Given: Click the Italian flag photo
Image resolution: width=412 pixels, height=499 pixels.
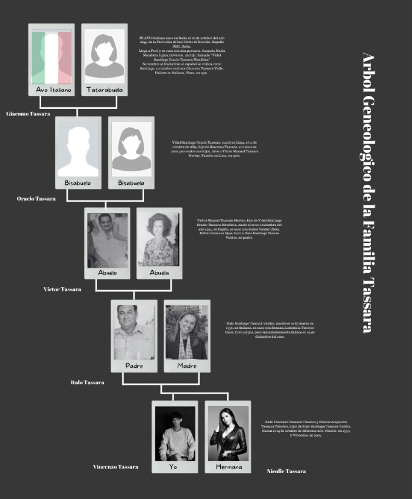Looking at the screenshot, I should tap(51, 56).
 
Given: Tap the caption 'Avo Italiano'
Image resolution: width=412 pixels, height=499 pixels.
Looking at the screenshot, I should tap(53, 90).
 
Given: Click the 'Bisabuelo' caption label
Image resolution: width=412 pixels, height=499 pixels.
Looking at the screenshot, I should tap(78, 183).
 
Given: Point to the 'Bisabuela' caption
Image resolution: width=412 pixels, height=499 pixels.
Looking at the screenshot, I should tap(131, 183).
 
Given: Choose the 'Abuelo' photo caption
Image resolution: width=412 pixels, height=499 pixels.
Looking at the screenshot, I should tap(107, 273).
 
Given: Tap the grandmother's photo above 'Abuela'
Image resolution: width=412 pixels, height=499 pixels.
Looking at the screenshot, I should tap(159, 239).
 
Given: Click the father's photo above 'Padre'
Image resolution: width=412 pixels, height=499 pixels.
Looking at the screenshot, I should tap(134, 332).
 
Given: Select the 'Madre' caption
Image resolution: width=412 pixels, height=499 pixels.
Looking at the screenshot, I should tap(187, 366).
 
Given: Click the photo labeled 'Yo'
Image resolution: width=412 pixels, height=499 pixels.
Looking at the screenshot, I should tap(175, 433).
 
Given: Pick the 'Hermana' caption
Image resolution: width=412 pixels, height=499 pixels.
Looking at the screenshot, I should tap(228, 467).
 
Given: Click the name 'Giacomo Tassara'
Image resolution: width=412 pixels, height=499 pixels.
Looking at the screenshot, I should tap(28, 114).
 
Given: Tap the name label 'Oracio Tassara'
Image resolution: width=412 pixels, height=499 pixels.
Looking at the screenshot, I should tap(36, 199).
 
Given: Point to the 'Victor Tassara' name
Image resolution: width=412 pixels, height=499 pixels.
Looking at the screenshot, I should tap(62, 290).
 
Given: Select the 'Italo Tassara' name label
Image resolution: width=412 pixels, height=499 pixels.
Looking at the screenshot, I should tap(88, 382).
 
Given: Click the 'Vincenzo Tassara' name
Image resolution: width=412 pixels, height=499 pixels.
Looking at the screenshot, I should tap(115, 467).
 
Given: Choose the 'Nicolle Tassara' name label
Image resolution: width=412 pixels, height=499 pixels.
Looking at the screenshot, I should tap(286, 471).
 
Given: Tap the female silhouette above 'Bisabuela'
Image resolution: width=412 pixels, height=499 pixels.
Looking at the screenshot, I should tap(131, 148).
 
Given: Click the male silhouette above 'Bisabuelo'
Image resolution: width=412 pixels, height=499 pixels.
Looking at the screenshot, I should tap(78, 148).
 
